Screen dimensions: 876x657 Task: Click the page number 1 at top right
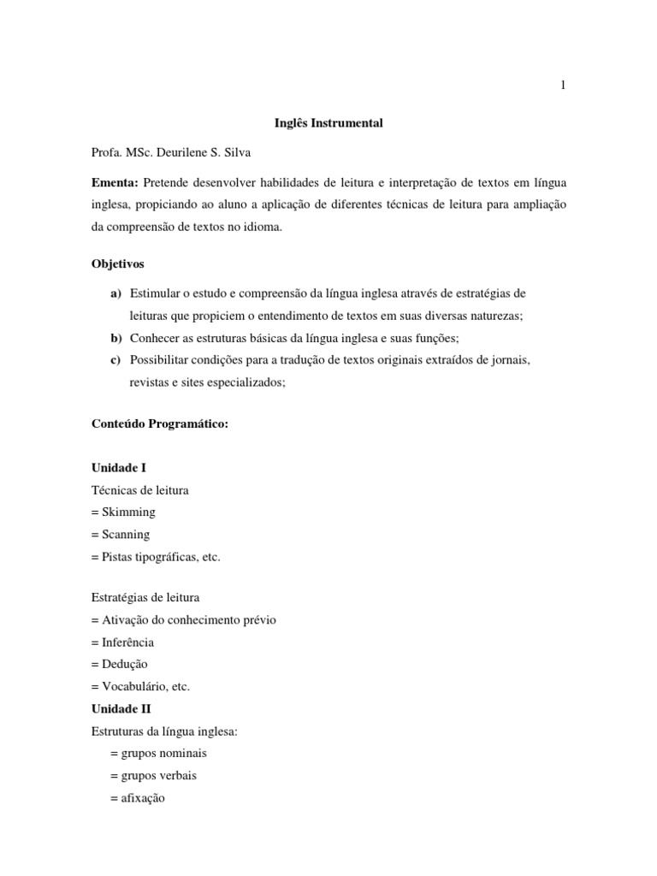coord(564,85)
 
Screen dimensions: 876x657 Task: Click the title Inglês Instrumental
coord(328,123)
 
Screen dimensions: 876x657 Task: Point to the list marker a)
coord(115,293)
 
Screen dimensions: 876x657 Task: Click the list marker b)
coord(115,338)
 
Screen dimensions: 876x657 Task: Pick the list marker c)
coord(115,360)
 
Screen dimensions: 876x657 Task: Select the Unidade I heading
coord(119,468)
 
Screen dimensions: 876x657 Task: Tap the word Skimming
coord(129,512)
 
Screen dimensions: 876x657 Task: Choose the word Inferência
coord(128,642)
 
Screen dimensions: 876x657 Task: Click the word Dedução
coord(125,665)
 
